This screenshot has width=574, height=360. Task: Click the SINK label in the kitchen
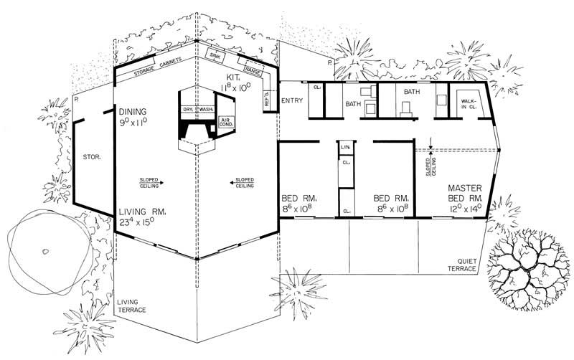tap(213, 55)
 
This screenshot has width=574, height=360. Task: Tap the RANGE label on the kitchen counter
tap(253, 71)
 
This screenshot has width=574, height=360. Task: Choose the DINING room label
tap(133, 111)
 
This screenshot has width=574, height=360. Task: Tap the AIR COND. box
tap(225, 123)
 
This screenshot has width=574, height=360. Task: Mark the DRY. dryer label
tap(188, 110)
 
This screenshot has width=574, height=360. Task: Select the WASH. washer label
tap(207, 110)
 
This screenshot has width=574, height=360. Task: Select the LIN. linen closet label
tap(345, 147)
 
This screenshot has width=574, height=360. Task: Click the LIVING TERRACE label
tap(132, 306)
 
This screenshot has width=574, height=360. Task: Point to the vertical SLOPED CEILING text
tap(428, 169)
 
